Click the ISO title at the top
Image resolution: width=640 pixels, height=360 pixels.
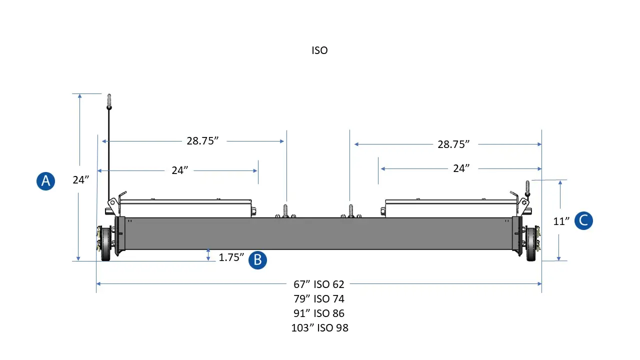(x=319, y=50)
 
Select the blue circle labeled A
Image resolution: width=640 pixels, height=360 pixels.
(x=45, y=180)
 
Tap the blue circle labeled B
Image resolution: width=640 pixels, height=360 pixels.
(x=257, y=260)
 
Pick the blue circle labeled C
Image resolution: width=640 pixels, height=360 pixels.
(x=583, y=220)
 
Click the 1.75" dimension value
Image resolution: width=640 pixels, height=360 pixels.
(x=231, y=258)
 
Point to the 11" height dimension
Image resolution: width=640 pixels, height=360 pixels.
(x=561, y=221)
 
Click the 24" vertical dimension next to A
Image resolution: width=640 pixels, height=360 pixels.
(x=80, y=180)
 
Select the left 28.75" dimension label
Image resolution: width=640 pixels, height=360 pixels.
(x=203, y=141)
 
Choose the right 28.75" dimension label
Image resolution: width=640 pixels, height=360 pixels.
(x=453, y=144)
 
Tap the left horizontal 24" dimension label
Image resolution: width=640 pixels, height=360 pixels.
(x=179, y=170)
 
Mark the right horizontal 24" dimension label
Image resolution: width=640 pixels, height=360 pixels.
(x=461, y=168)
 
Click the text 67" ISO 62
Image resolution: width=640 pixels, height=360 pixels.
(x=319, y=284)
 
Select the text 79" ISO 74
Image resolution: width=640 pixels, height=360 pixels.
(x=319, y=299)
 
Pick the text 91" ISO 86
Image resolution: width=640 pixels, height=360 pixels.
(x=319, y=313)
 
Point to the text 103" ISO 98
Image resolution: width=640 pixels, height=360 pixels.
(x=319, y=328)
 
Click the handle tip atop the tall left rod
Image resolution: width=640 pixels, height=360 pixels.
(x=108, y=100)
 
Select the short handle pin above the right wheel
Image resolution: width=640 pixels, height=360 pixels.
(x=526, y=187)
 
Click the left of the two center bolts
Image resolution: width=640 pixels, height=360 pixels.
(x=285, y=210)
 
